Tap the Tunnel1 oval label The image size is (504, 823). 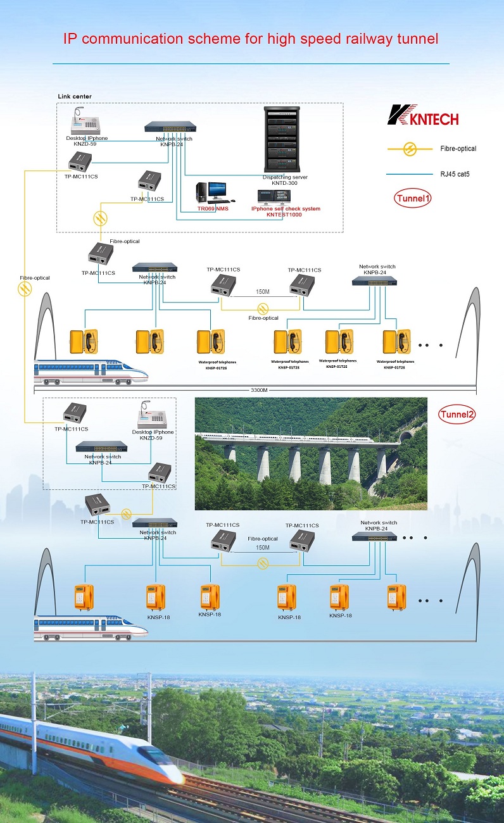coord(413,198)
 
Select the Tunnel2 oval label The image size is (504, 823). coord(457,415)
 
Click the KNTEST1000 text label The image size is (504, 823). coord(284,215)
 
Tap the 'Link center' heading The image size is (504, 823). coord(75,96)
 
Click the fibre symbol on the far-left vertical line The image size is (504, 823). coord(25,290)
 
